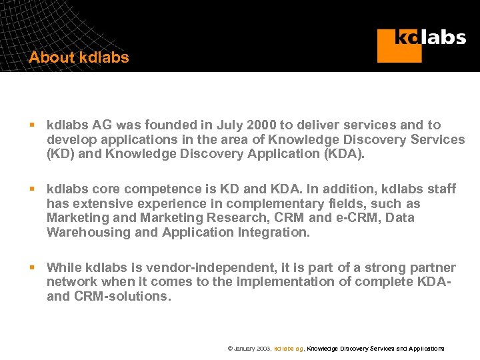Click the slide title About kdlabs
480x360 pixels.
(x=79, y=58)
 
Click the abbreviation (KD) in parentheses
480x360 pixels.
(x=60, y=154)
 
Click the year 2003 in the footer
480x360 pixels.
(x=263, y=349)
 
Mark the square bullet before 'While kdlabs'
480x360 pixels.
(x=31, y=267)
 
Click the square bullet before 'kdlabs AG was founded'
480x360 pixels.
(x=31, y=125)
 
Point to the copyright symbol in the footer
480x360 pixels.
(x=230, y=349)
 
